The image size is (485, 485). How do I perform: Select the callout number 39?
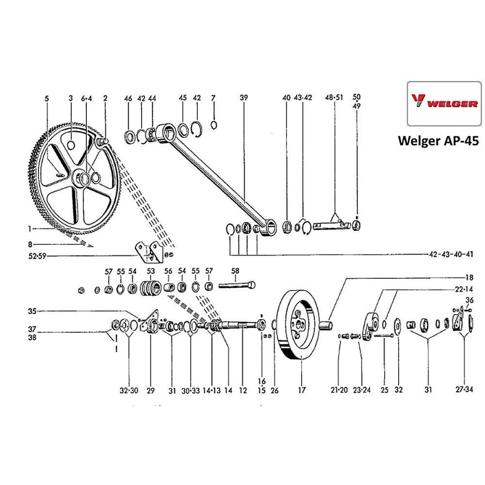pos(243,98)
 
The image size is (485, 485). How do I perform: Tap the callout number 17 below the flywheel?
pos(301,390)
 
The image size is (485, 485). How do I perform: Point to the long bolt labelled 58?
pos(238,286)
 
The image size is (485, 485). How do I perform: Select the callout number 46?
pos(128,98)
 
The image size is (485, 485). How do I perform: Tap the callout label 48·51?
pos(334,98)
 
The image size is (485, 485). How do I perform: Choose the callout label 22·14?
pos(463,289)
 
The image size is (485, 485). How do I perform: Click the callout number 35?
pos(32,311)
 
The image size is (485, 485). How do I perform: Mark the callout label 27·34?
pos(464,390)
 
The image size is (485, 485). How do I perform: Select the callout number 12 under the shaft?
pos(242,390)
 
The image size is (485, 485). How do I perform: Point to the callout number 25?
pos(385,390)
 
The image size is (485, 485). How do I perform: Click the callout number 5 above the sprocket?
pos(47,98)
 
